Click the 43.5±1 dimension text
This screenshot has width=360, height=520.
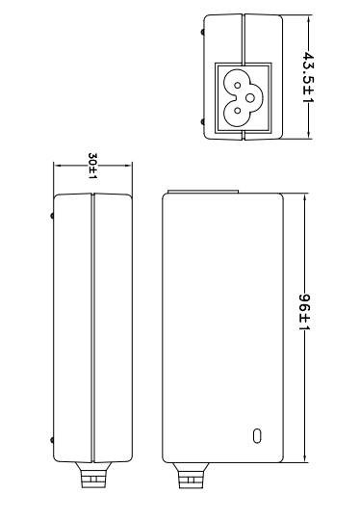[x=308, y=77]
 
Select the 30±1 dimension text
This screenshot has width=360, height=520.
[x=92, y=167]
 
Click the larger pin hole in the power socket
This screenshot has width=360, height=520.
[x=250, y=98]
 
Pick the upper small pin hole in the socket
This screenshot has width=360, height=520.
[x=238, y=86]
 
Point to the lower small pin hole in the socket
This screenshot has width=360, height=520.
[x=237, y=111]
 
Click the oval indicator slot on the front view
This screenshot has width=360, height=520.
[x=257, y=436]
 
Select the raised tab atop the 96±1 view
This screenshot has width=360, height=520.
[x=203, y=192]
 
